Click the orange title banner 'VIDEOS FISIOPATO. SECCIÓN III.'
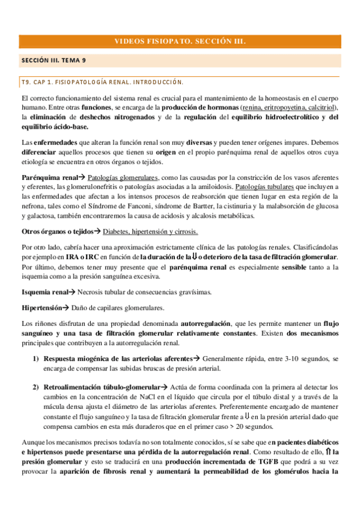pos(180,41)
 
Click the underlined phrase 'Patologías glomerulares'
pos(123,178)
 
